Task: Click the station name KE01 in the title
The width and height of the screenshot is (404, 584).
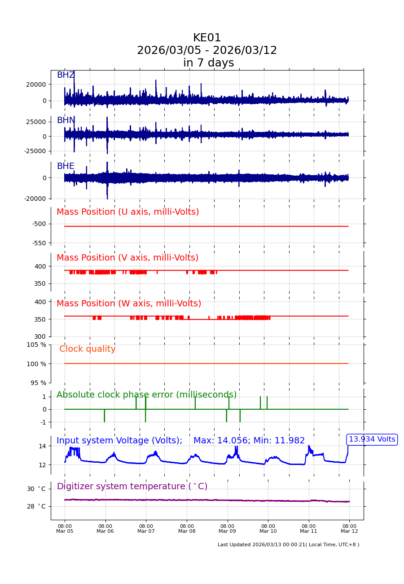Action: tap(207, 38)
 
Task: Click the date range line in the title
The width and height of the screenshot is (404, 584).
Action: tap(207, 51)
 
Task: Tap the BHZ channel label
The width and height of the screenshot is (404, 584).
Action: tap(66, 75)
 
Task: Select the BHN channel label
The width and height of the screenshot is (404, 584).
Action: tap(66, 120)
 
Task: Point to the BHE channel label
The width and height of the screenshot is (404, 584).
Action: tap(66, 166)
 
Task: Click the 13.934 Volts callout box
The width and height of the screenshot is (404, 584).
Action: tap(372, 439)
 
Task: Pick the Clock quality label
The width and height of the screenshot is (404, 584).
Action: tap(87, 349)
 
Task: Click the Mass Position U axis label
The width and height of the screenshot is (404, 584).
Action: tap(127, 212)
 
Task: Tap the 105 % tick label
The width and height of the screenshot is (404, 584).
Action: tap(36, 345)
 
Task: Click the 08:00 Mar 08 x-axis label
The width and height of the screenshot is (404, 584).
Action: tap(187, 529)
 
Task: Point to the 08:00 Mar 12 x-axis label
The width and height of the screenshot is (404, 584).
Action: tap(349, 529)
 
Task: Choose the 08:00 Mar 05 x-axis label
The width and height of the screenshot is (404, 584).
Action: tap(65, 529)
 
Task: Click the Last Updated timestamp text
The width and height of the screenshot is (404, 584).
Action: tap(288, 545)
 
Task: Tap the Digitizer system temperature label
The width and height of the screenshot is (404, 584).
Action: tap(132, 487)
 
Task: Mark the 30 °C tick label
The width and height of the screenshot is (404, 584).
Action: tap(36, 489)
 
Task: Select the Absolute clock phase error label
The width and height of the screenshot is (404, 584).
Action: tap(146, 395)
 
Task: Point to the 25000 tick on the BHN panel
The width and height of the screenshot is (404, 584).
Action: tap(36, 122)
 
